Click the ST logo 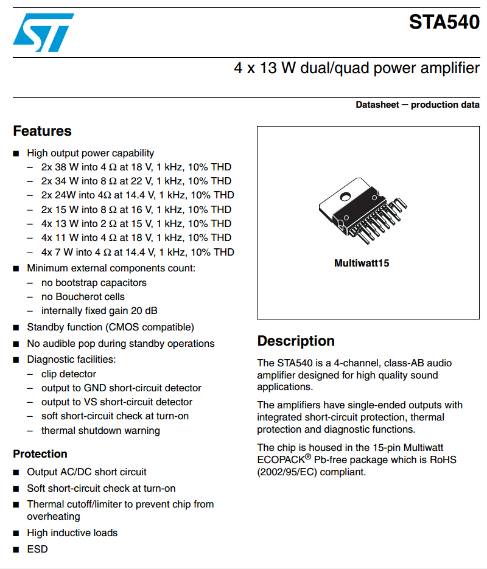click(x=44, y=32)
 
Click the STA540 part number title click(x=444, y=22)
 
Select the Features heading click(x=43, y=131)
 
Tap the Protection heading click(x=40, y=454)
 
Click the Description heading click(x=296, y=341)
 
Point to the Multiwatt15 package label click(x=362, y=263)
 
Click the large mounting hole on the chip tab click(x=345, y=197)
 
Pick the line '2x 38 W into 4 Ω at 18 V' click(x=136, y=167)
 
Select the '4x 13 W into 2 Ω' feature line click(x=136, y=223)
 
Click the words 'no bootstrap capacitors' click(x=94, y=283)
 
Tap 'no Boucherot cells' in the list click(x=83, y=297)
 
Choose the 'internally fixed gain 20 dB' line click(x=99, y=310)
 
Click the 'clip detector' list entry click(x=69, y=374)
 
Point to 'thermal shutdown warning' click(x=100, y=431)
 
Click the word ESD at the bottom click(x=37, y=550)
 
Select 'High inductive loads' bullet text click(x=72, y=532)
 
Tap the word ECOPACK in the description click(x=281, y=460)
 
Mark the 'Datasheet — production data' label click(x=418, y=105)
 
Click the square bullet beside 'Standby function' click(x=16, y=327)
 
